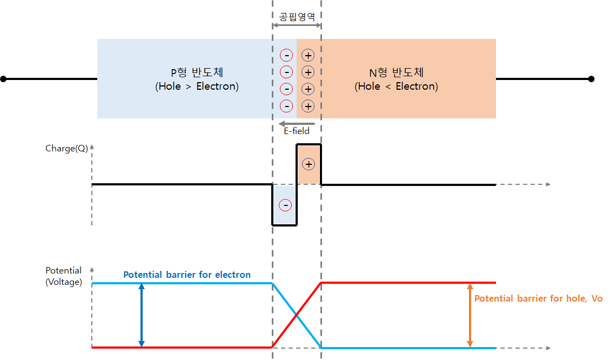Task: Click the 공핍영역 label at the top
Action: [x=297, y=17]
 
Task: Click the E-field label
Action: [x=297, y=131]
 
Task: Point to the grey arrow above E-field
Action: [x=297, y=124]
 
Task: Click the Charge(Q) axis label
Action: [x=66, y=148]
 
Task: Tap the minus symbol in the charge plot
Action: [x=285, y=205]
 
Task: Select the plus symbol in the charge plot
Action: [x=308, y=164]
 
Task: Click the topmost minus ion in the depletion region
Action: [x=286, y=55]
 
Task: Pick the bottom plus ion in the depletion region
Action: [x=308, y=106]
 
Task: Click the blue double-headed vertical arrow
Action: [x=142, y=315]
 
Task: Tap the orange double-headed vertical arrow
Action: [x=470, y=315]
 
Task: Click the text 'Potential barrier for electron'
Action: [x=187, y=275]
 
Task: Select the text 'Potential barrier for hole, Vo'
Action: [x=538, y=298]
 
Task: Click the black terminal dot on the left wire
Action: [x=3, y=79]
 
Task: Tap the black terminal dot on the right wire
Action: [x=591, y=79]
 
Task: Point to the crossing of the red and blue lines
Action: [x=297, y=315]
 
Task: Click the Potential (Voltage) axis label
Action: [x=64, y=276]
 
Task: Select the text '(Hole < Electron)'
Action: [x=396, y=86]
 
